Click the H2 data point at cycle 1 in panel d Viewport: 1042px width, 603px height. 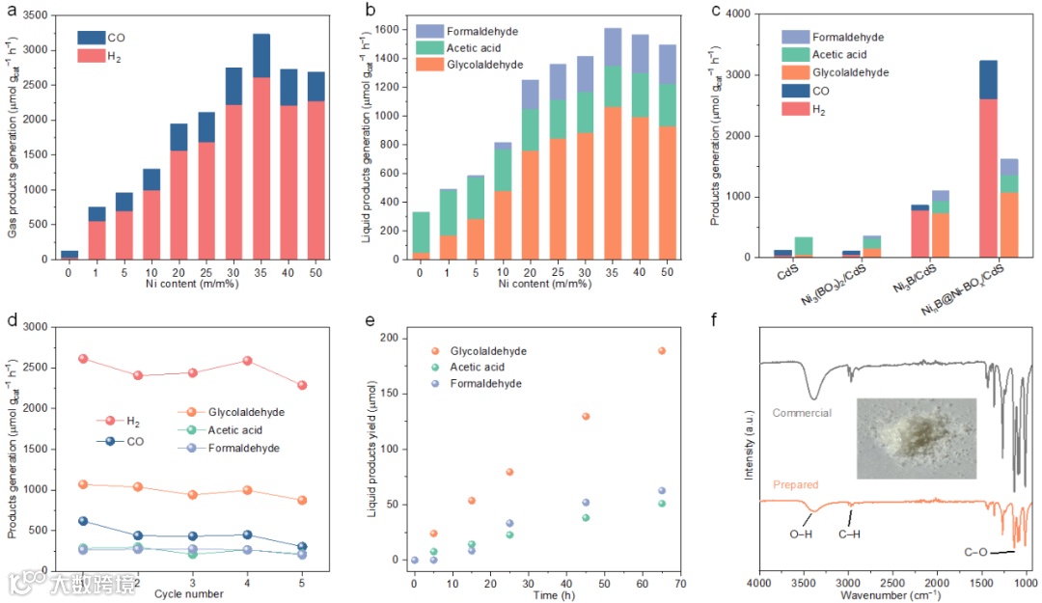pos(83,359)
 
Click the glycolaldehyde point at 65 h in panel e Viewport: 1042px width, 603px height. pos(661,350)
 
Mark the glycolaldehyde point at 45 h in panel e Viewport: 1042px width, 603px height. pos(612,417)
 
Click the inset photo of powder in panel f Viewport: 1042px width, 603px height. pos(916,438)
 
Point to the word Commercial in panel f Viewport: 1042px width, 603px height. pos(802,413)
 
